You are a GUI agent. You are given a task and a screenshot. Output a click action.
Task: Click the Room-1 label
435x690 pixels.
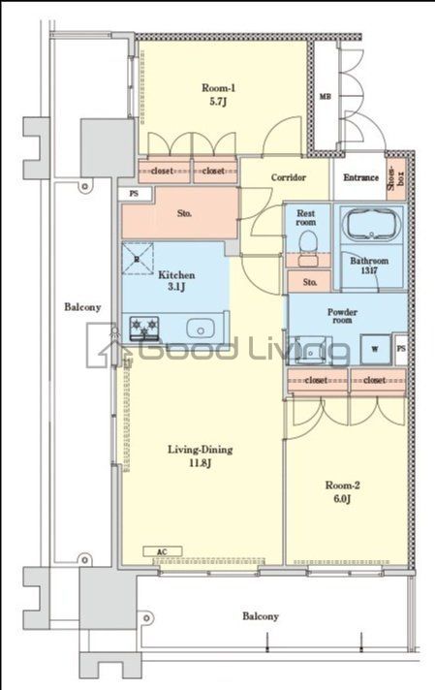pyautogui.click(x=219, y=95)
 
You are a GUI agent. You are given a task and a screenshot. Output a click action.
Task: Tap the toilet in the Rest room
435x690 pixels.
pyautogui.click(x=306, y=245)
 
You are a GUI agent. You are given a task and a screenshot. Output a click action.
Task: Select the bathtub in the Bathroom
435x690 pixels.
pyautogui.click(x=372, y=224)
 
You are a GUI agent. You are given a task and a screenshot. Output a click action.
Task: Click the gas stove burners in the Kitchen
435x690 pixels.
pyautogui.click(x=143, y=328)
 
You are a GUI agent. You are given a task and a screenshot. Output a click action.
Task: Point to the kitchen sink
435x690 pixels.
pyautogui.click(x=201, y=329)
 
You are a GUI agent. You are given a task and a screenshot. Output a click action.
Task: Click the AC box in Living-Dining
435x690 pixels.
pyautogui.click(x=163, y=551)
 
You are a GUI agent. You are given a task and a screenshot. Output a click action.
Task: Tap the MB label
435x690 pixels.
pyautogui.click(x=326, y=96)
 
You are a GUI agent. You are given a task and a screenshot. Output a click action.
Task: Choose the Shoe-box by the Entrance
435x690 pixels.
pyautogui.click(x=395, y=177)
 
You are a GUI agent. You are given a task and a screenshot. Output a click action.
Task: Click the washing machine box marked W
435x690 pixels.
pyautogui.click(x=375, y=349)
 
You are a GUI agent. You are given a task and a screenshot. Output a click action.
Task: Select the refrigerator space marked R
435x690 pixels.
pyautogui.click(x=138, y=259)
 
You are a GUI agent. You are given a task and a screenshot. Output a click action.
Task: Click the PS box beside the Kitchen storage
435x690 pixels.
pyautogui.click(x=134, y=193)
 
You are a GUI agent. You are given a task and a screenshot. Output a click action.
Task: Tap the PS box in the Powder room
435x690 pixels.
pyautogui.click(x=401, y=350)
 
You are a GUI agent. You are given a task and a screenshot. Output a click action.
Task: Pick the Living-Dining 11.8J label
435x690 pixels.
pyautogui.click(x=201, y=455)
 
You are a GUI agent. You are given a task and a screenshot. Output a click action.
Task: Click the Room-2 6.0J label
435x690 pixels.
pyautogui.click(x=342, y=491)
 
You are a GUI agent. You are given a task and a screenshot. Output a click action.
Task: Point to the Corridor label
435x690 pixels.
pyautogui.click(x=288, y=177)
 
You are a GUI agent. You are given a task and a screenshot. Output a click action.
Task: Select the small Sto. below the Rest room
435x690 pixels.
pyautogui.click(x=309, y=282)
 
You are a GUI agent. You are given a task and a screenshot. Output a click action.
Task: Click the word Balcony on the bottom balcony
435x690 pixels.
pyautogui.click(x=261, y=616)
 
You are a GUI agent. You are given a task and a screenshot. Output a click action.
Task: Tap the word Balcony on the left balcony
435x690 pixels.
pyautogui.click(x=82, y=306)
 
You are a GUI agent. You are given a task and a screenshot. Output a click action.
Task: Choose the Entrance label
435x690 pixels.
pyautogui.click(x=360, y=177)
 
